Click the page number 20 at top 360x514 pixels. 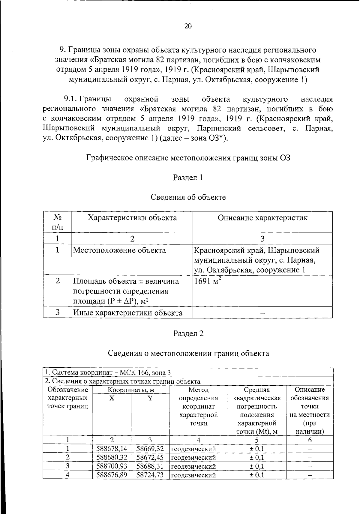click(188, 26)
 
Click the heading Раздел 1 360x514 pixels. click(188, 178)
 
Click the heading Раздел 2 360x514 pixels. click(188, 333)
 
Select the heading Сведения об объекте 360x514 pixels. click(188, 197)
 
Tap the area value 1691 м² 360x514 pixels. click(208, 281)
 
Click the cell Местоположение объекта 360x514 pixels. click(119, 250)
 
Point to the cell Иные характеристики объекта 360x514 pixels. click(128, 313)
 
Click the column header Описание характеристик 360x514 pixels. click(262, 218)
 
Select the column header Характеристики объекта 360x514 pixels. click(132, 218)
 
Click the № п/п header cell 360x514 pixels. click(57, 222)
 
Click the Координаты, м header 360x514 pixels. click(131, 390)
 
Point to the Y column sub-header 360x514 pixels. click(150, 398)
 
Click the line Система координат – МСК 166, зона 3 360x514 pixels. click(108, 372)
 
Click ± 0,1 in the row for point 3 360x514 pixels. click(257, 466)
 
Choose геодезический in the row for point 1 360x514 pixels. click(193, 449)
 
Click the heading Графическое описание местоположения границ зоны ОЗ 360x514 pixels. click(188, 158)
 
